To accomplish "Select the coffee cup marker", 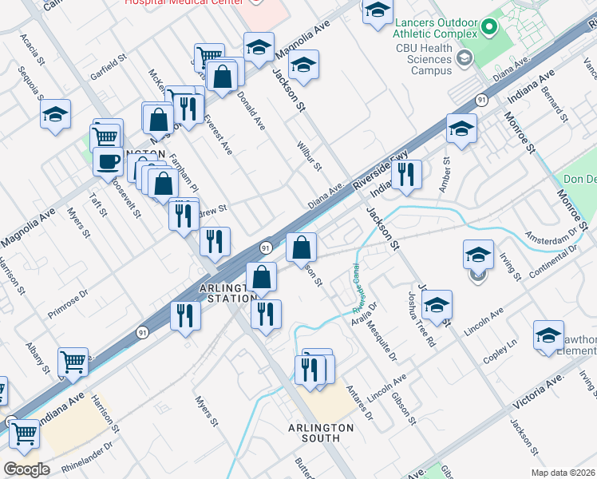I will pos(108,161).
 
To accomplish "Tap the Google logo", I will pos(26,469).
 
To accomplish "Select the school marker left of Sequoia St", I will pos(55,114).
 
